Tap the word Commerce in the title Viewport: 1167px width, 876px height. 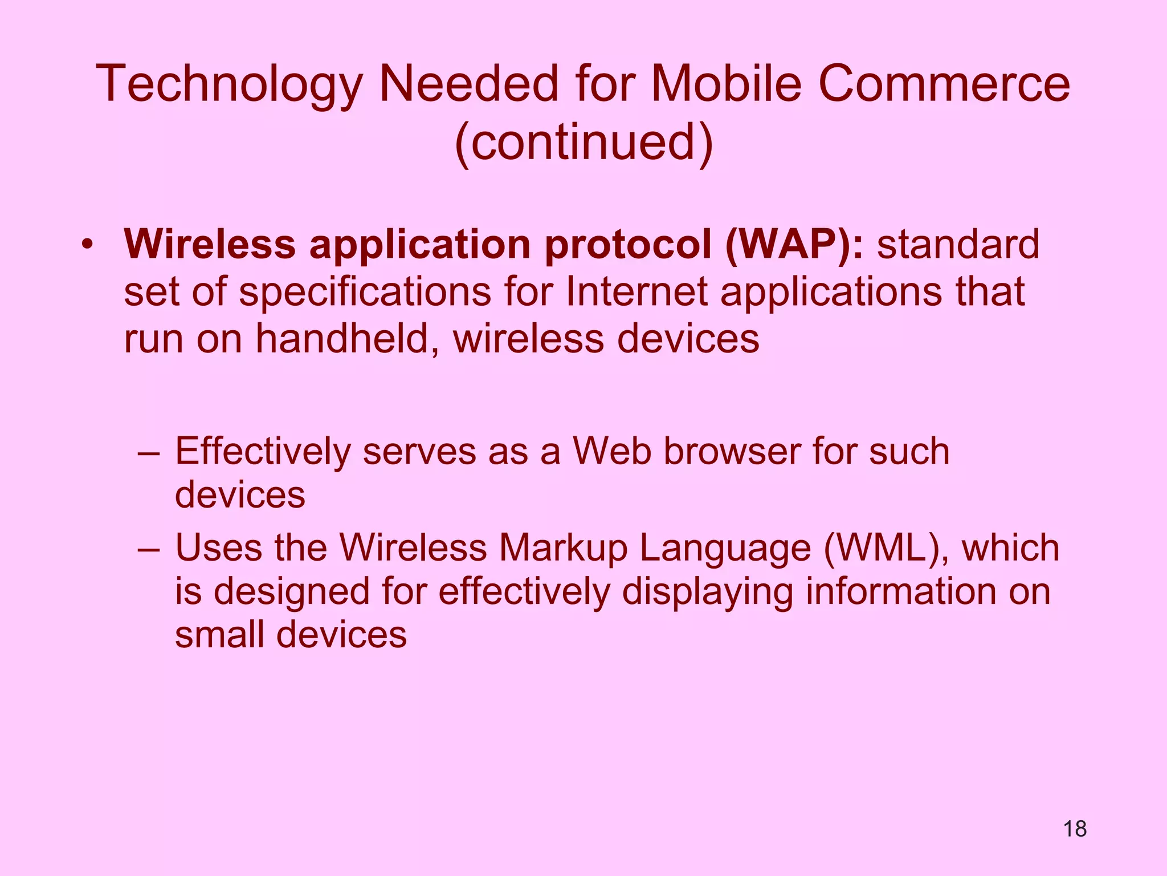[944, 84]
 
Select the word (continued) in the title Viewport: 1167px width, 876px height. [584, 143]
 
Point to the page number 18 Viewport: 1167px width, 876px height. [1075, 829]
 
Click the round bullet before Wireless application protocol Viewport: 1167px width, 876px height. [87, 245]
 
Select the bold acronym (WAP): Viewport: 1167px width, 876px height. [794, 245]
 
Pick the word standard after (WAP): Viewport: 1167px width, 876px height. [958, 245]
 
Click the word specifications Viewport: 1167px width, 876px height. [365, 293]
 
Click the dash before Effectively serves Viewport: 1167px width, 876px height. [149, 453]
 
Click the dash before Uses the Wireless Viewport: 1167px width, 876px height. [149, 549]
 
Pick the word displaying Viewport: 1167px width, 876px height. [707, 591]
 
